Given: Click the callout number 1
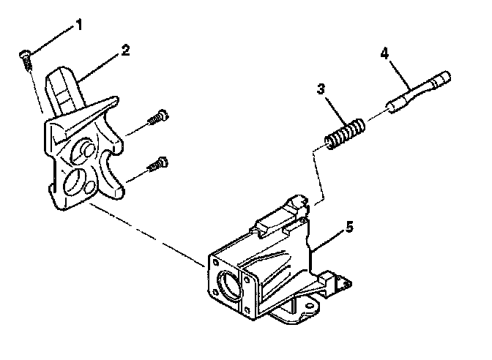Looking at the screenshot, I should pos(80,27).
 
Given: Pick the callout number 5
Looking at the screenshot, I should pos(349,228).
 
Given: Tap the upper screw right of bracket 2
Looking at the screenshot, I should pos(157,117).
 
